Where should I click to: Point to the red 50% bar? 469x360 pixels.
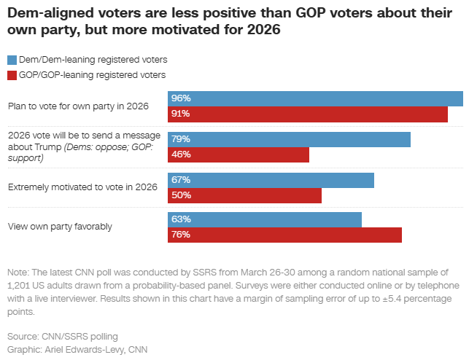point(245,195)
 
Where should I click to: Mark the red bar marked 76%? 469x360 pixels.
point(285,235)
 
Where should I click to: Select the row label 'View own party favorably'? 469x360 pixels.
point(60,227)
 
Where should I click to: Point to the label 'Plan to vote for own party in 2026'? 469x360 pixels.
point(79,106)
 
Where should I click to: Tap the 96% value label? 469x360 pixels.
point(180,98)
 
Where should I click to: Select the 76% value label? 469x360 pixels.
point(180,235)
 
